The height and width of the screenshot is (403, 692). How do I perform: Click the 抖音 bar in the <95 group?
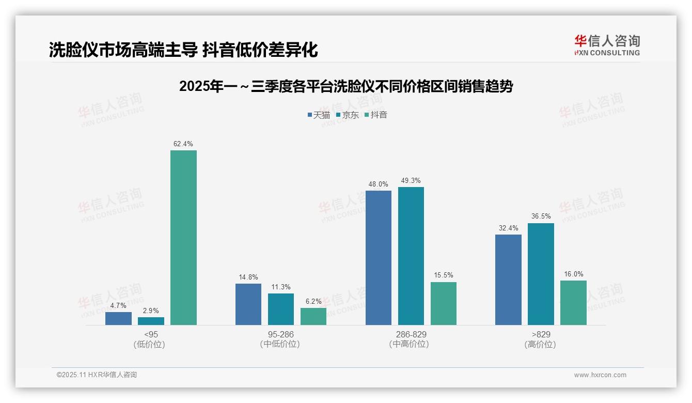tap(183, 238)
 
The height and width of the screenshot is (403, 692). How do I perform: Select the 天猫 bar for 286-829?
tap(379, 258)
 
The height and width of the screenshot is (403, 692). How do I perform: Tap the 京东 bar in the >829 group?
tap(541, 274)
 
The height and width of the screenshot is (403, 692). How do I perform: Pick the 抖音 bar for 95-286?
tap(313, 316)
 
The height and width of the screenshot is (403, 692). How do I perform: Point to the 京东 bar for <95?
tap(151, 321)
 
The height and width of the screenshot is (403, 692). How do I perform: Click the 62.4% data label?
tap(183, 144)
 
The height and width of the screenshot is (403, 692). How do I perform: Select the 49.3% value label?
tap(411, 181)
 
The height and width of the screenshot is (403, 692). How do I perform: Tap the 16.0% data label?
tap(574, 274)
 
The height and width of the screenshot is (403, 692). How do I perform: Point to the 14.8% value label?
tap(248, 277)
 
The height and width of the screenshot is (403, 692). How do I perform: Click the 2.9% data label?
tap(151, 311)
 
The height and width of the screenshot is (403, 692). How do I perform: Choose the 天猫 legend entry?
tap(319, 115)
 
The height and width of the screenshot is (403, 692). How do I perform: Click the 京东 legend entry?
tap(347, 115)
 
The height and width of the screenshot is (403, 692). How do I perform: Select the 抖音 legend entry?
tap(376, 115)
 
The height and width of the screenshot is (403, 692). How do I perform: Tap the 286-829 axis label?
tap(411, 334)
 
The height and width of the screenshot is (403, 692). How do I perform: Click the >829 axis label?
tap(541, 334)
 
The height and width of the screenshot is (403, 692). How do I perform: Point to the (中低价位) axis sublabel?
tap(280, 344)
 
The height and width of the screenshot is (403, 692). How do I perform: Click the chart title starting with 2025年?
tap(346, 86)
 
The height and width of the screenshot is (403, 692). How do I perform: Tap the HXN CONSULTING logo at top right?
tap(607, 45)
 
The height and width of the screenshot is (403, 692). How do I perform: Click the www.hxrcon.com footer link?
tap(600, 375)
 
